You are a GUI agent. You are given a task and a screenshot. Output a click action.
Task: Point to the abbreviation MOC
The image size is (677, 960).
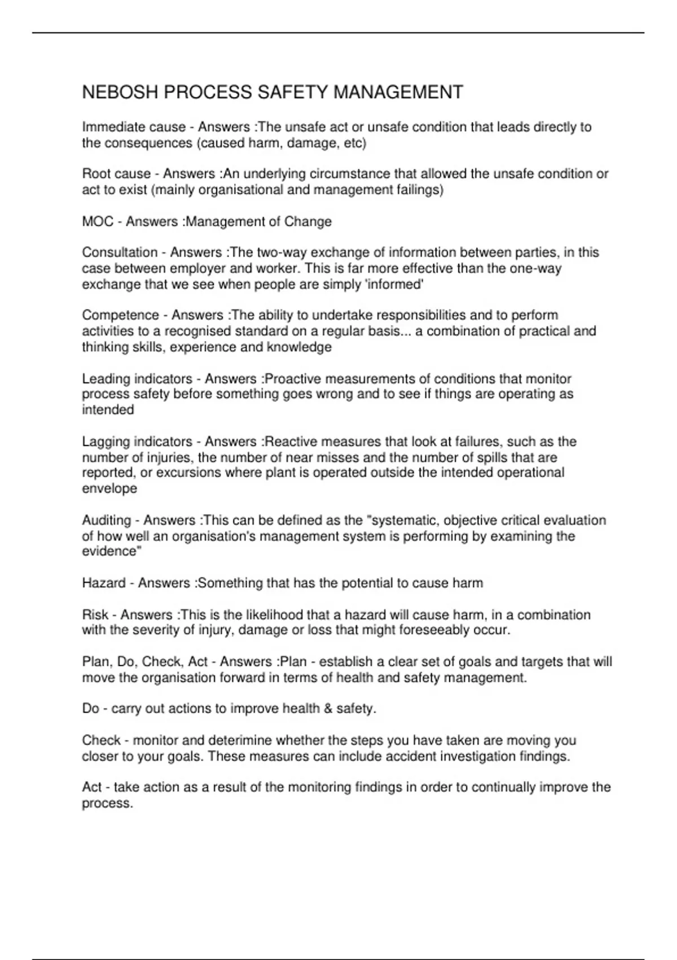click(98, 221)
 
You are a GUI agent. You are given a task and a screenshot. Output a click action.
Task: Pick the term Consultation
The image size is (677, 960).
click(120, 252)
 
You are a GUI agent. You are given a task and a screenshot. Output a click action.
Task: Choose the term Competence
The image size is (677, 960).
click(119, 315)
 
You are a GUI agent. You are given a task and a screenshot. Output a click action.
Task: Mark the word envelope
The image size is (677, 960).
click(109, 488)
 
